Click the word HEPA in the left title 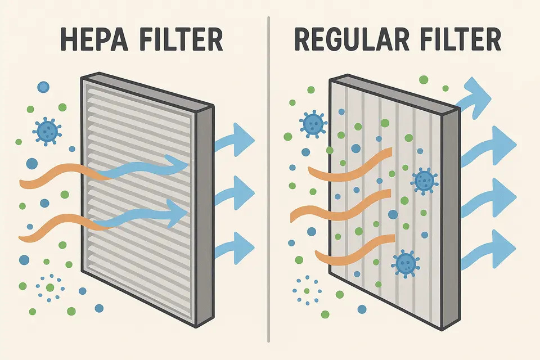(x=94, y=40)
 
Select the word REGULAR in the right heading (x=352, y=40)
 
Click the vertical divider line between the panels (x=268, y=179)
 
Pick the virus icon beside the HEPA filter (x=47, y=131)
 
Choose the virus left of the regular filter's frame (x=313, y=124)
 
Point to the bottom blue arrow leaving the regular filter (x=489, y=249)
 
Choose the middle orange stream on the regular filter (x=341, y=206)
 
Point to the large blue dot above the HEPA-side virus (x=43, y=87)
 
